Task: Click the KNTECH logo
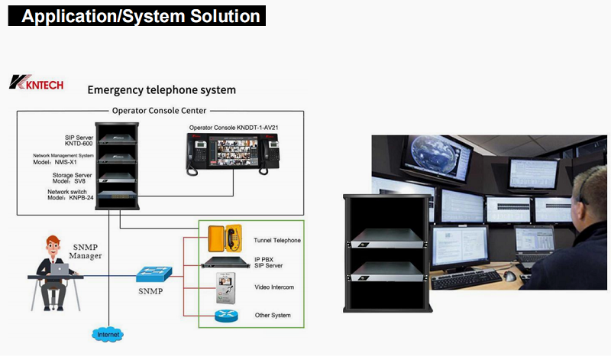[x=36, y=83]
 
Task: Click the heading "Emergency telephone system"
[x=161, y=90]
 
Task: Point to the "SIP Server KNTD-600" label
[x=79, y=140]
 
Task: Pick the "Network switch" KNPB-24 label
[x=70, y=196]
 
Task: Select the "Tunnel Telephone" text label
[x=277, y=240]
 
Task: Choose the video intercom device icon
[x=226, y=287]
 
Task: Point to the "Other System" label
[x=273, y=315]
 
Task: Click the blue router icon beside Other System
[x=226, y=315]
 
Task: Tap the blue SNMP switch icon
[x=155, y=274]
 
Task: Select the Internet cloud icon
[x=106, y=335]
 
